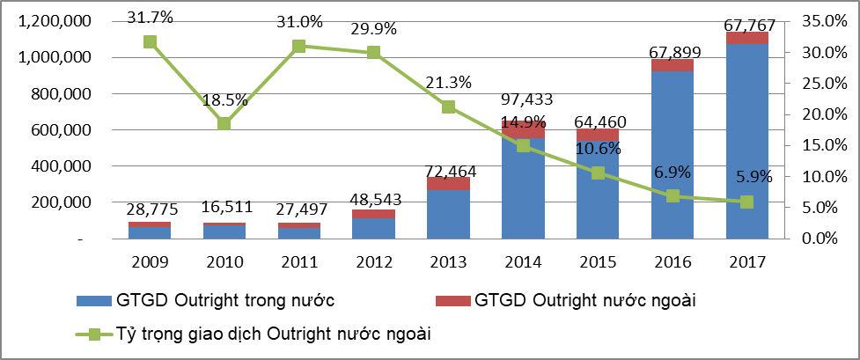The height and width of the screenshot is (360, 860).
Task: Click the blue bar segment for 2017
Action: pos(746,141)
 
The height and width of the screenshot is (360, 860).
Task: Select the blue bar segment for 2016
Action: pos(673,155)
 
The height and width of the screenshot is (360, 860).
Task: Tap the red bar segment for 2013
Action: pos(448,183)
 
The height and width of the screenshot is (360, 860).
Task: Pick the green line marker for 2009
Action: pos(150,41)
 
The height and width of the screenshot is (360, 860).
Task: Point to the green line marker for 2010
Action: pos(224,123)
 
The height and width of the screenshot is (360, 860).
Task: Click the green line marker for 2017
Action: pos(746,202)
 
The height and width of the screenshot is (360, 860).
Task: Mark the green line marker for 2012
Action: pos(373,53)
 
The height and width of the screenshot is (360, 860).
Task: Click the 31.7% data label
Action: pos(150,16)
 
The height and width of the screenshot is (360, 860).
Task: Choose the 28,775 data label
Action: pos(149,209)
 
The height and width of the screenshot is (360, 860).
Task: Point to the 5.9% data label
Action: pos(750,176)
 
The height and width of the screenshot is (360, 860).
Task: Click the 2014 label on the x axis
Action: pos(523,261)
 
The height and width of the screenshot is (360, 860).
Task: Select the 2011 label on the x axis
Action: pos(298,261)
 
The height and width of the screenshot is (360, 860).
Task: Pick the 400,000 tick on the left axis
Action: pos(60,166)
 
